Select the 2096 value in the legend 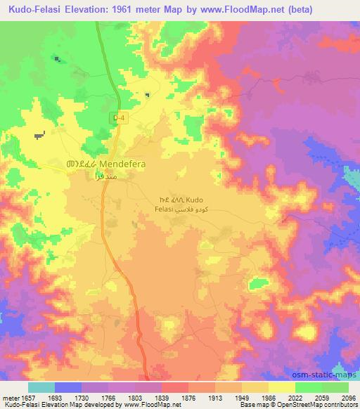(x=349, y=397)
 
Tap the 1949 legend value (x=229, y=397)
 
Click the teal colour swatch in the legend (x=41, y=387)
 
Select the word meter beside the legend (x=8, y=397)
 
